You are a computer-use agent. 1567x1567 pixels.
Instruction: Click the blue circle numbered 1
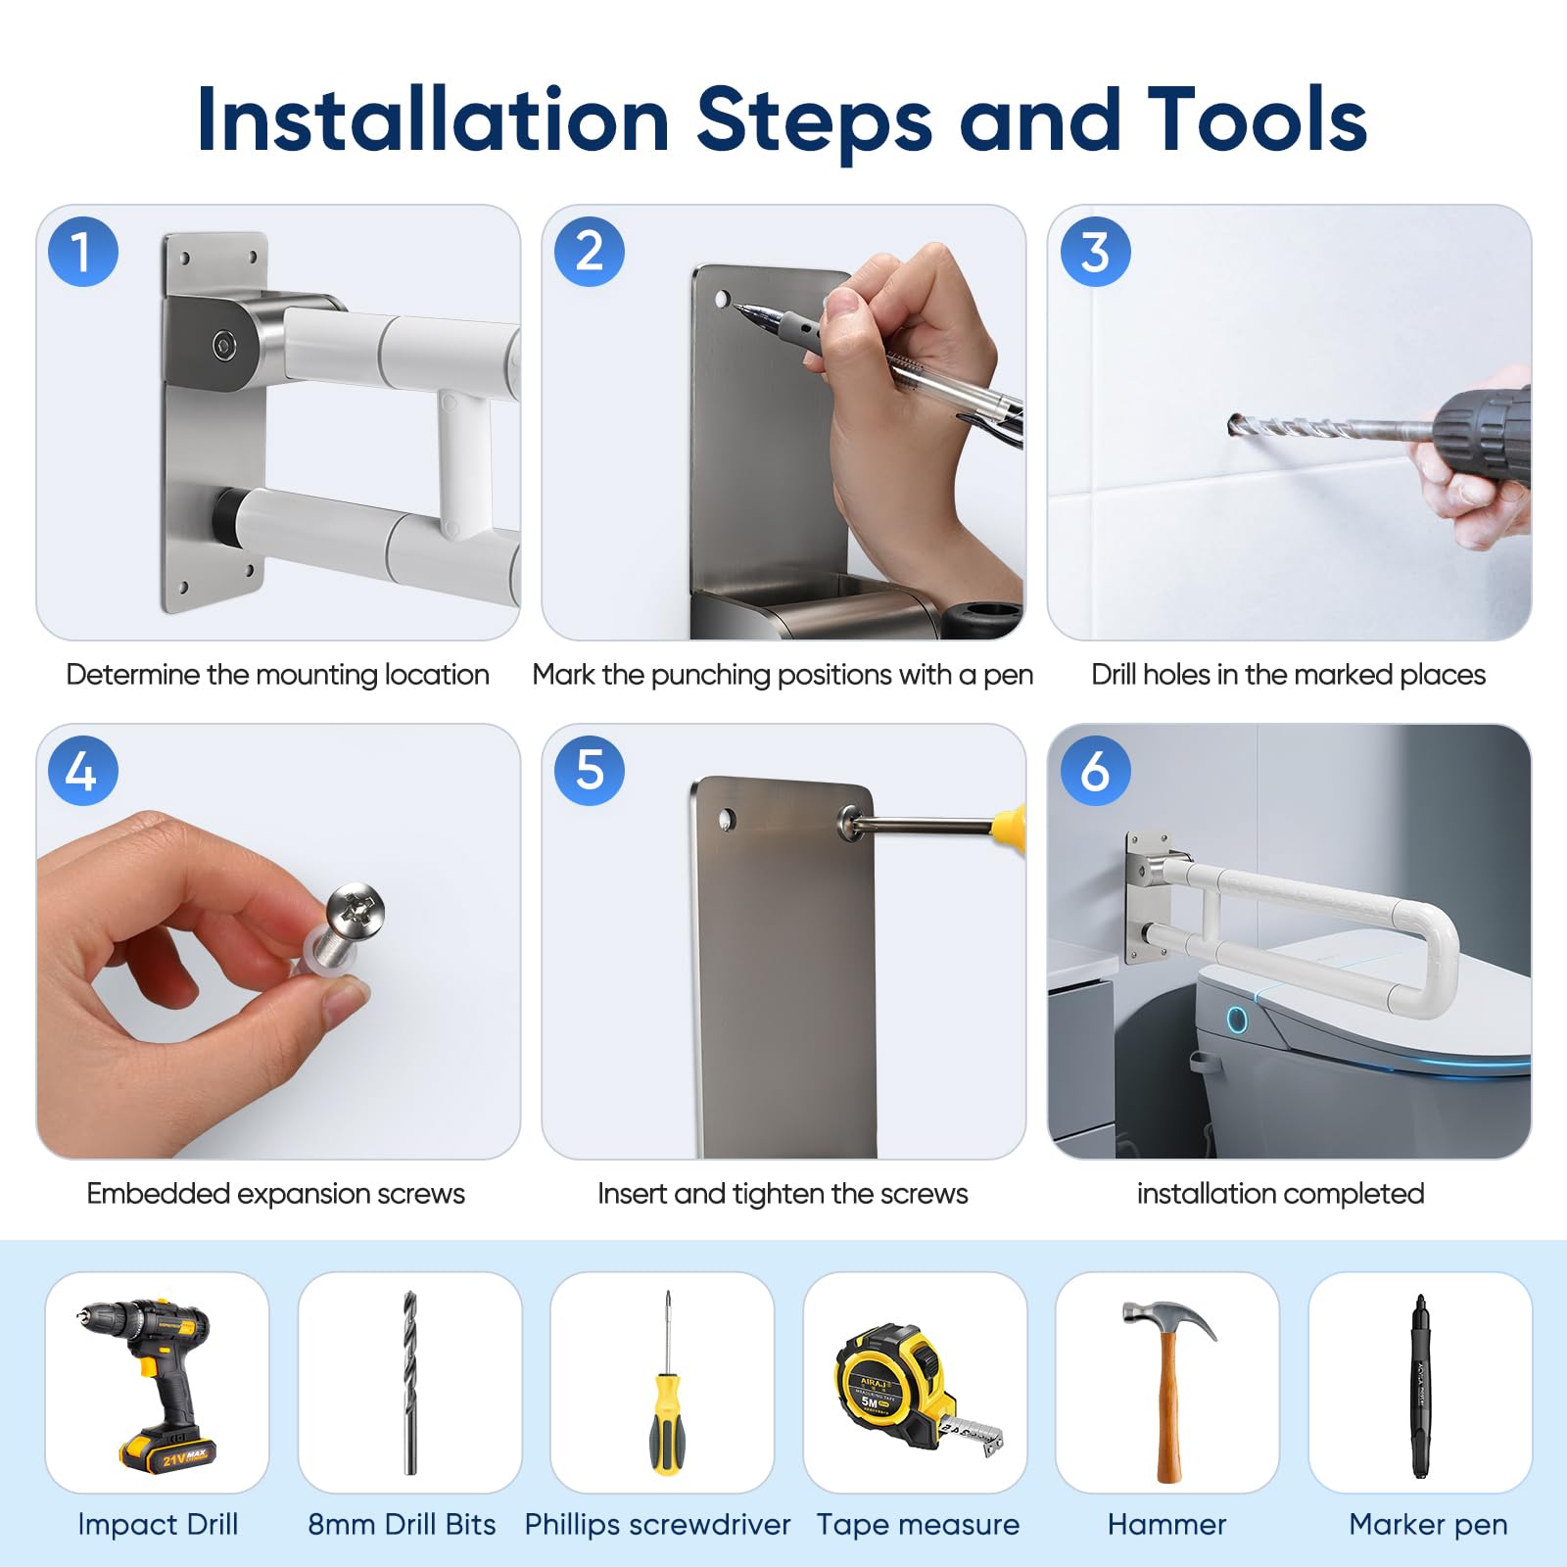point(83,252)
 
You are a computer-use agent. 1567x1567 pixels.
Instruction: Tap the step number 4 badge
point(83,771)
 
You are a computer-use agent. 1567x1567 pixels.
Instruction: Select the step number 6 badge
point(1096,771)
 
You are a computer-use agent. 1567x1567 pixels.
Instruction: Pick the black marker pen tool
point(1419,1385)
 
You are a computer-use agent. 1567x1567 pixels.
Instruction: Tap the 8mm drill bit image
point(409,1382)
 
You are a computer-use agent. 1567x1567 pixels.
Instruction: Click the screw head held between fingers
point(355,908)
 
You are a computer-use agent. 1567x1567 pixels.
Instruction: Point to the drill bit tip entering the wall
point(1233,424)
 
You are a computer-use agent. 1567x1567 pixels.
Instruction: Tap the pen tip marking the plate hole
point(736,308)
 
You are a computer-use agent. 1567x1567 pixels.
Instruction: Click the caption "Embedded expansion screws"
point(275,1194)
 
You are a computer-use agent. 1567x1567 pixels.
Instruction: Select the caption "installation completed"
point(1280,1194)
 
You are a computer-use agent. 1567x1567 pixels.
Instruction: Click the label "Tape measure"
point(918,1524)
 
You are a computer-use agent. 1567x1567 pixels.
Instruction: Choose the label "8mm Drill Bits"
point(402,1524)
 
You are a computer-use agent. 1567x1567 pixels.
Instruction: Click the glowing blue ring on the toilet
point(1237,1020)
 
